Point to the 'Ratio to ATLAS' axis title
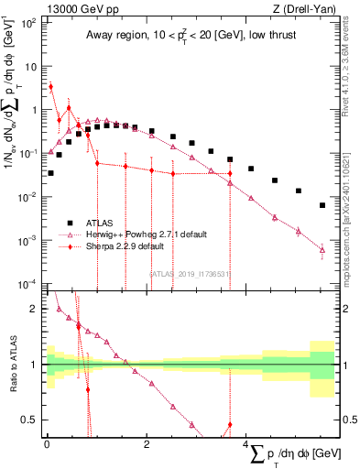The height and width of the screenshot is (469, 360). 15,365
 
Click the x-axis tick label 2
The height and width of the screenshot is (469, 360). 147,444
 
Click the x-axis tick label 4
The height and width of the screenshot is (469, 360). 247,444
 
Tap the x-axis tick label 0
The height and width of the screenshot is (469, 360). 47,444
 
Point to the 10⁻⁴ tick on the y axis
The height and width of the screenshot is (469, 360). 29,284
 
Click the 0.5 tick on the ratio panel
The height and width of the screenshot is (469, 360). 32,420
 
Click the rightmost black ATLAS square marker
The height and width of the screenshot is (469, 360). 322,205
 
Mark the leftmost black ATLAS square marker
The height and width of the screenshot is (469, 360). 50,172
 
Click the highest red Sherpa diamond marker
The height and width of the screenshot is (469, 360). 50,87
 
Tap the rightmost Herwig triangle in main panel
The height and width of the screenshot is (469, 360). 322,248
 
